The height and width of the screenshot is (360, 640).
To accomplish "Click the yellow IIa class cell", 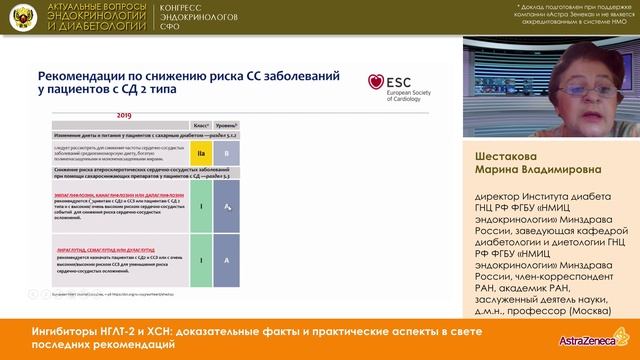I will pos(200,155).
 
